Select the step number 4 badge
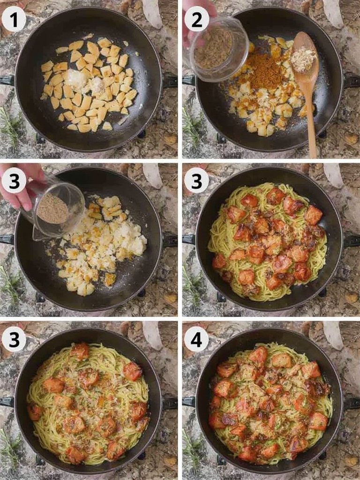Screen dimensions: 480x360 click(196, 340)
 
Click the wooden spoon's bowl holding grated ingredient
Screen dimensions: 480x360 click(304, 58)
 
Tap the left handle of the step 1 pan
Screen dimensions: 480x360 click(7, 80)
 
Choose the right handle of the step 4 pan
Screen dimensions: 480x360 click(352, 403)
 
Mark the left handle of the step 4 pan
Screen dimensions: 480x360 click(188, 402)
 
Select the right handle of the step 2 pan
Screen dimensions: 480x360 click(352, 81)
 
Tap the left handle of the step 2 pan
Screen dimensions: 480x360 click(188, 80)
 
